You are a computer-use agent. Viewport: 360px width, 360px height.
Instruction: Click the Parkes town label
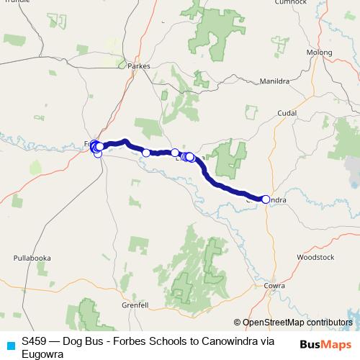[138, 66]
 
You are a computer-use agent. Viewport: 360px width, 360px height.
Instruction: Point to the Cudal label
[287, 114]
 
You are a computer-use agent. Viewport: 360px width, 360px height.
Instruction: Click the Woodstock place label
[315, 256]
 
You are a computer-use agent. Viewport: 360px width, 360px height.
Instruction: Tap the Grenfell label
[134, 305]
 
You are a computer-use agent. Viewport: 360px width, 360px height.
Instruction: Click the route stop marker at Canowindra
[266, 199]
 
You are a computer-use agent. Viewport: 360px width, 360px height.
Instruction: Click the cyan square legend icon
[9, 343]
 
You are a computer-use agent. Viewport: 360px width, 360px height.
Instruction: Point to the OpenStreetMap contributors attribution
[295, 322]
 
